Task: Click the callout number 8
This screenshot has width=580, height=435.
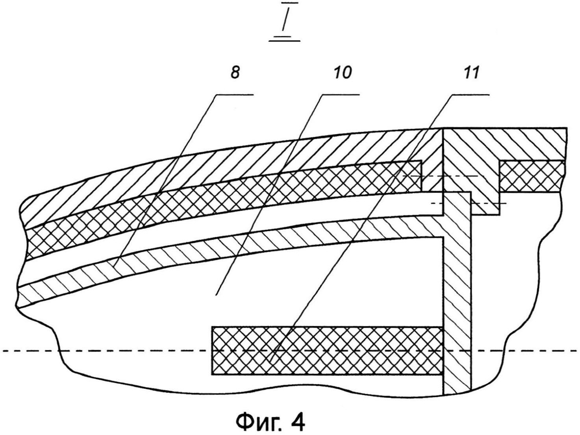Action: pyautogui.click(x=235, y=73)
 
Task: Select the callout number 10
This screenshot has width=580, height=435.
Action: pyautogui.click(x=343, y=73)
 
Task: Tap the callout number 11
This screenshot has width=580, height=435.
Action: pyautogui.click(x=471, y=73)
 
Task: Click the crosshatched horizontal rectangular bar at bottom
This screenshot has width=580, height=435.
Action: pyautogui.click(x=327, y=350)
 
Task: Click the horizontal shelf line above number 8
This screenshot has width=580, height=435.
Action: pyautogui.click(x=235, y=95)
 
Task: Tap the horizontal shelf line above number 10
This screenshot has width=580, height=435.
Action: pyautogui.click(x=340, y=95)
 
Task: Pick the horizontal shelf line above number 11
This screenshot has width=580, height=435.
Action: pyautogui.click(x=469, y=95)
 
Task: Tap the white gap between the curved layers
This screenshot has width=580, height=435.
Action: pyautogui.click(x=236, y=223)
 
